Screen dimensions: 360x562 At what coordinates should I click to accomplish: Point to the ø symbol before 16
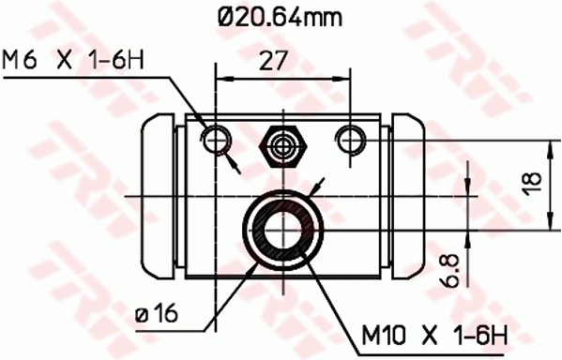141,312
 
